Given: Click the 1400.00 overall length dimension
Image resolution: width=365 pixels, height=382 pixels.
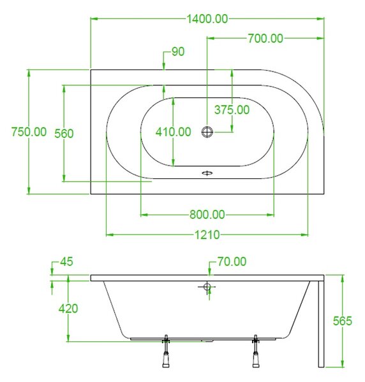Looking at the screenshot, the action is click(x=207, y=19).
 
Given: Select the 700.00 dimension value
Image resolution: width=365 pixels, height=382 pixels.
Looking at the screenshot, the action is click(x=265, y=38).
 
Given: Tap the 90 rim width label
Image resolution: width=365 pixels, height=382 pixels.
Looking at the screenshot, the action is click(x=178, y=52).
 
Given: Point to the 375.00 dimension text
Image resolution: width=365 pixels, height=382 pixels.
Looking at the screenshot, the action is click(x=232, y=110).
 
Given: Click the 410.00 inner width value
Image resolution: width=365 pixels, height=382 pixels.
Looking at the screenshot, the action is click(x=174, y=132).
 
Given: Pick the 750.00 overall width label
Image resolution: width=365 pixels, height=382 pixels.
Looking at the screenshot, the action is click(x=29, y=132).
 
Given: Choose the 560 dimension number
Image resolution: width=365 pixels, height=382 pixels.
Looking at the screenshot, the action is click(x=64, y=134).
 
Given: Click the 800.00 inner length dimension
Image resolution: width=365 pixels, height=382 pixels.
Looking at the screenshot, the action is click(x=207, y=215).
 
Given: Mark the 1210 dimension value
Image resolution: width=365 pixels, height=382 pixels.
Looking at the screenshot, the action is click(x=207, y=235).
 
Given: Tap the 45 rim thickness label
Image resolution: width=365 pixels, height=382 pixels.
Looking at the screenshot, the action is click(x=66, y=262).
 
